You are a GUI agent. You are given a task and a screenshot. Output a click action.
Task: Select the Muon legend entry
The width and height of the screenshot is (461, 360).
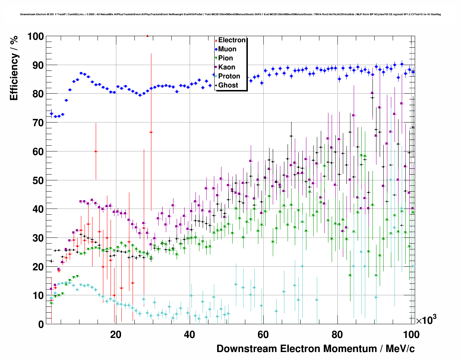227,49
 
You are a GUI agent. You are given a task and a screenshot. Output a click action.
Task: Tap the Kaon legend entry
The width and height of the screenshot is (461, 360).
227,67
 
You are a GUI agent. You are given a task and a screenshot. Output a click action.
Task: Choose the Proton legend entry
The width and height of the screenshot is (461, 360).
229,76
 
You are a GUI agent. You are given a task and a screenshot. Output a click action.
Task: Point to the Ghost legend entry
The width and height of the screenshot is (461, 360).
228,85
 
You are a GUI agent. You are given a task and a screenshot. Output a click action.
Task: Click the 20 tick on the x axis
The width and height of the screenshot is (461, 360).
116,335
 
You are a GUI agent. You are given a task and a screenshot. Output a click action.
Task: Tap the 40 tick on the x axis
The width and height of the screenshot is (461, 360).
189,335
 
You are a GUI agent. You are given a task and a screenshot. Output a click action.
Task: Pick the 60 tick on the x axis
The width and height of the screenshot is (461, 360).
263,335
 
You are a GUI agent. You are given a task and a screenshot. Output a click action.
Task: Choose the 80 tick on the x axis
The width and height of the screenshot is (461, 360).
337,335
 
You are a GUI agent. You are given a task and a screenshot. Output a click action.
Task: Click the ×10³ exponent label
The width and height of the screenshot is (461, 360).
426,320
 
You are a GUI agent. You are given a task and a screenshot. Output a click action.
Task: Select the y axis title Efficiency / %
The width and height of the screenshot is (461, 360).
14,68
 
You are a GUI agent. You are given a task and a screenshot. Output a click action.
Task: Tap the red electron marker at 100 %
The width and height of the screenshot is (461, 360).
147,36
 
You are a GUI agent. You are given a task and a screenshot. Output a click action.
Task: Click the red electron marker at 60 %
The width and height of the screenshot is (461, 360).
95,151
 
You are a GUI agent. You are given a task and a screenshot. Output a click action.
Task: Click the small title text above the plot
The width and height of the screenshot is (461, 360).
231,14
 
